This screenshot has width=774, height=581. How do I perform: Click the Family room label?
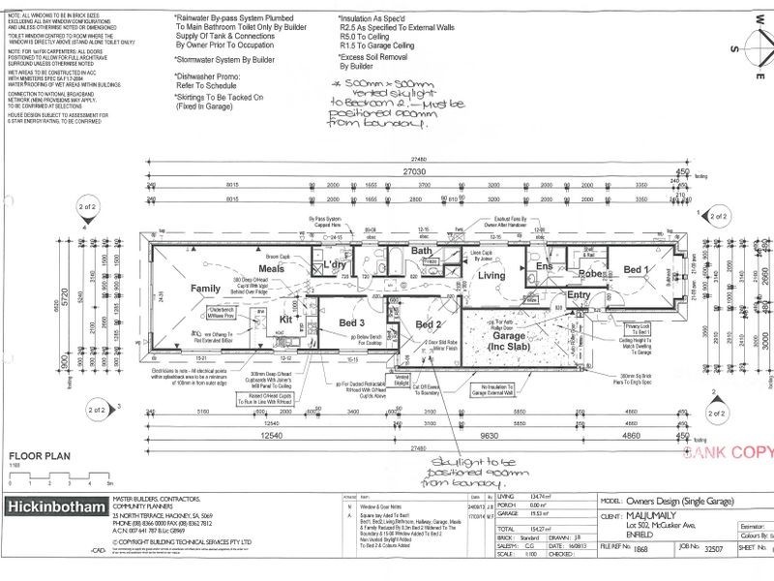coord(205,289)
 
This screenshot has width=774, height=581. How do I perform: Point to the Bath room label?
coord(421,252)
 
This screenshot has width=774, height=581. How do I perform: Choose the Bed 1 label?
coord(637,268)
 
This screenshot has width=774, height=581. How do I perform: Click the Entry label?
coord(579,295)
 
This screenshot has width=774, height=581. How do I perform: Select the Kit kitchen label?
coord(286,318)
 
